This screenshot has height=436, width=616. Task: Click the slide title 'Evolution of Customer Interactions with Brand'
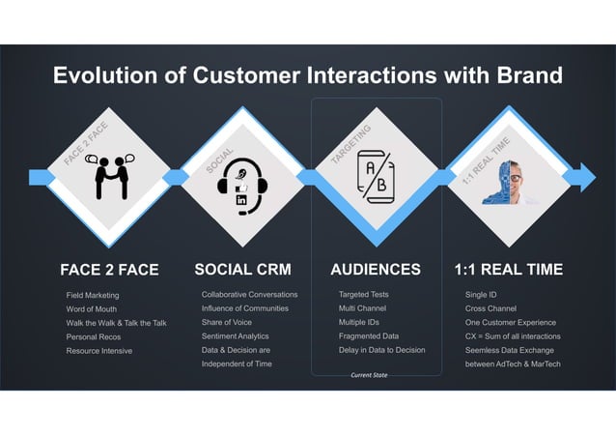307,75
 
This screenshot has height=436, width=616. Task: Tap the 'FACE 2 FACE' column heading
109,270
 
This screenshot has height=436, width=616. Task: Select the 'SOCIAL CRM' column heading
242,270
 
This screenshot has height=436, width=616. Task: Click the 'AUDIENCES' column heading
376,270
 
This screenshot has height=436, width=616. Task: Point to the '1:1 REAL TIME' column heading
508,270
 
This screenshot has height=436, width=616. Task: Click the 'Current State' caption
369,374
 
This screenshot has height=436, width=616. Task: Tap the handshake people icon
108,177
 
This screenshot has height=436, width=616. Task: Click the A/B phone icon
375,178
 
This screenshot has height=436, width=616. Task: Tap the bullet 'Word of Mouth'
92,308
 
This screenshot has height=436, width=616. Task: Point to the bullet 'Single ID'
483,294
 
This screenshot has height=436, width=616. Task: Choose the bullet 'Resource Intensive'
99,350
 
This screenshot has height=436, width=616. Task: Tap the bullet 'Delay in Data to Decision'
382,350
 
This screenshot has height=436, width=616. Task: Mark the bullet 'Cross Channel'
490,308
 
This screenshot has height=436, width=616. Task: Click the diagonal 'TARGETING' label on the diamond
351,144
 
